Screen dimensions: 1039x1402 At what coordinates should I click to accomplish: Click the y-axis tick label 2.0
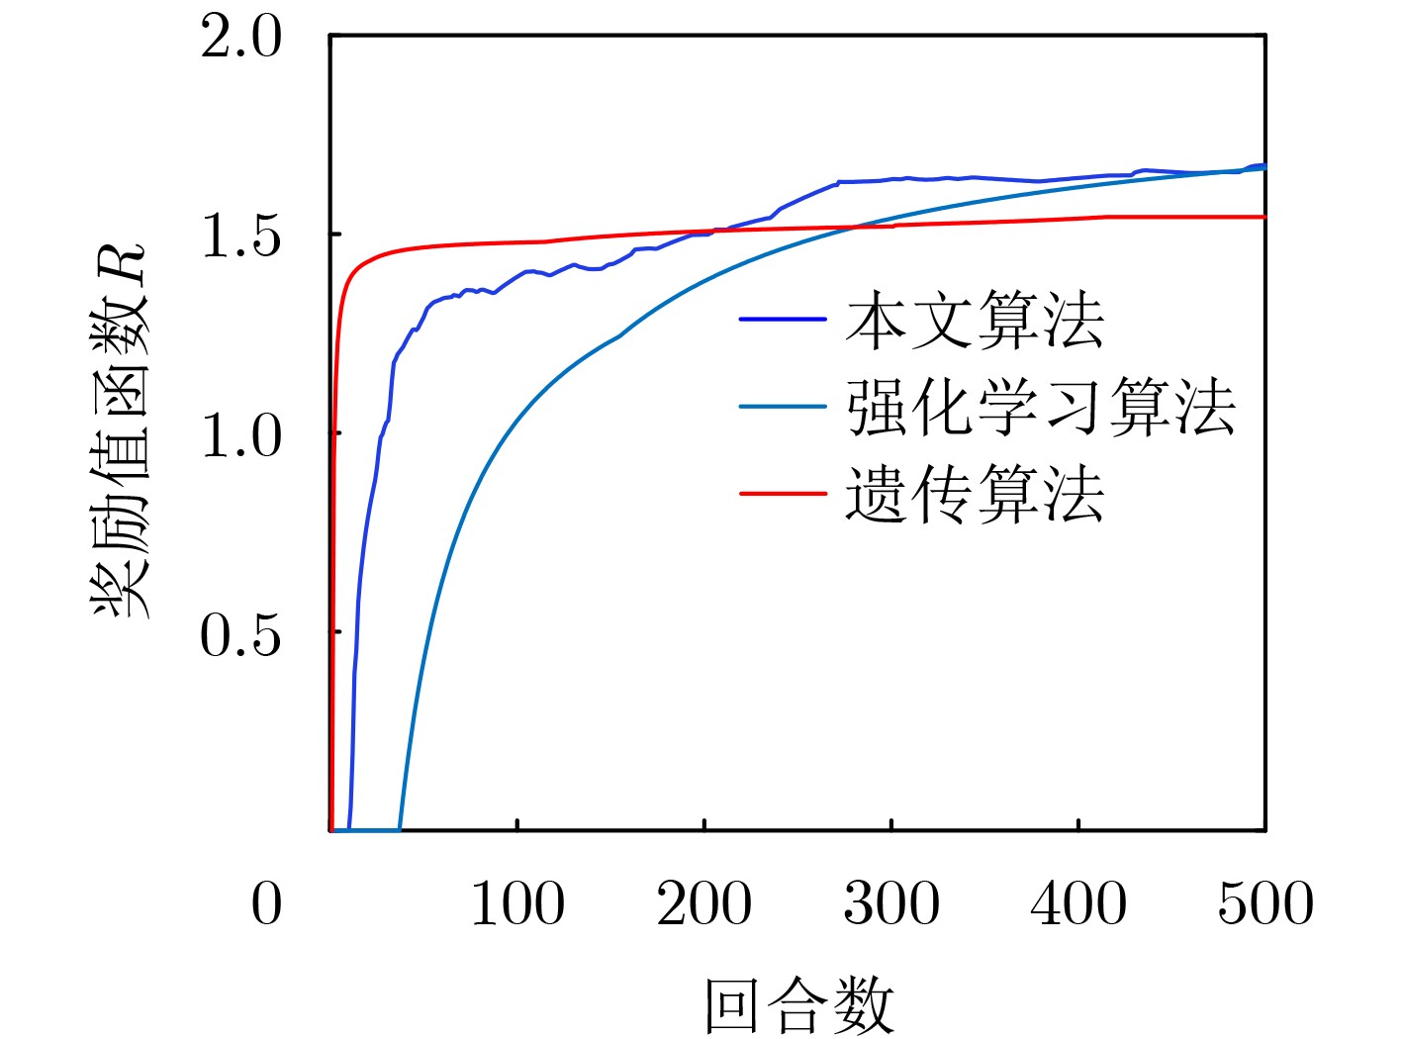240,41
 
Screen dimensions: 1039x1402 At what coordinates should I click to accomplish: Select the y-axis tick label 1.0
240,436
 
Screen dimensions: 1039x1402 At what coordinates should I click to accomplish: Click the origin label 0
266,904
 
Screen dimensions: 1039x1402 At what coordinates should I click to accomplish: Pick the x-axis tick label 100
516,904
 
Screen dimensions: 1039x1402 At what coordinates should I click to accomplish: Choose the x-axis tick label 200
703,904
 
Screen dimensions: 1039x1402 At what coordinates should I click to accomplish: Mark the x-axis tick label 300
890,904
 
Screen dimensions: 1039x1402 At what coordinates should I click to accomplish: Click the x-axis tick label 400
1077,904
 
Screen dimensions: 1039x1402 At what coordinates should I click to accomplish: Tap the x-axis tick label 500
1264,904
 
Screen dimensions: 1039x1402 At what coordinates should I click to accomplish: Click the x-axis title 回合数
798,1004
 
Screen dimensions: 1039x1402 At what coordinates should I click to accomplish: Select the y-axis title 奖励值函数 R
121,430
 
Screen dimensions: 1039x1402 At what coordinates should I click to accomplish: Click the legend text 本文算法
975,321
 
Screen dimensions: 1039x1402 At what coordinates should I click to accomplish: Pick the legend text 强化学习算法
1041,407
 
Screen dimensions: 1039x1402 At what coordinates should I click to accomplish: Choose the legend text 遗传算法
975,494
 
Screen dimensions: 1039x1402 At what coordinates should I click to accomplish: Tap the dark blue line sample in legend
783,320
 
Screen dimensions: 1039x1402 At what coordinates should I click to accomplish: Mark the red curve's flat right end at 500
1263,217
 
